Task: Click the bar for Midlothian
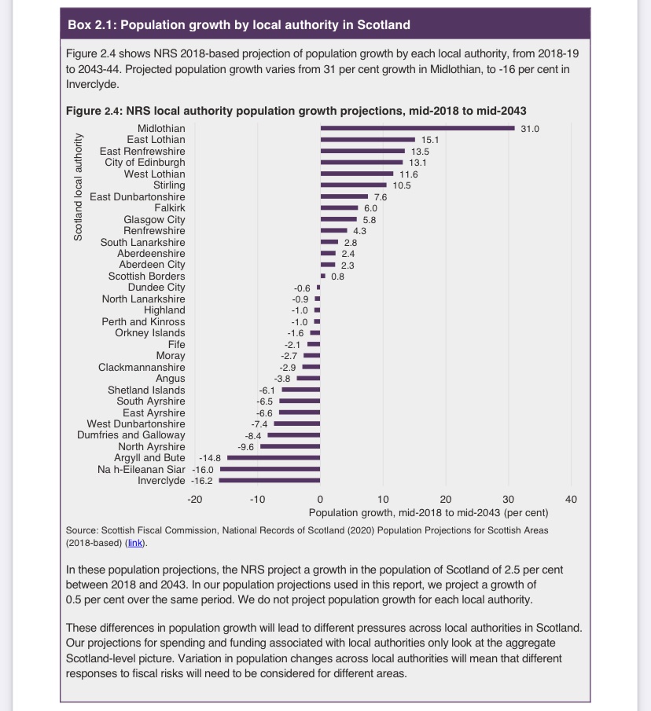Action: click(x=417, y=128)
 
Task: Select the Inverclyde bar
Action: click(x=270, y=480)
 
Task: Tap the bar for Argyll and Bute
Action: click(x=274, y=457)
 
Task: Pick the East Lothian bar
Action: click(x=367, y=139)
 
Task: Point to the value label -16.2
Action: click(x=204, y=480)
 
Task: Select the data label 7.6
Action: click(x=380, y=196)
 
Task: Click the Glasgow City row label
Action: click(x=154, y=219)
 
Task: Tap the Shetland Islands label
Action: click(x=146, y=390)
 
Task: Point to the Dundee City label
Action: click(x=156, y=288)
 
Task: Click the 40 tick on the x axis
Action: click(x=571, y=499)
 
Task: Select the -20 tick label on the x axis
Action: click(x=195, y=499)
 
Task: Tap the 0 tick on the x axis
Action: click(x=320, y=499)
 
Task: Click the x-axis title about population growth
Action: click(x=428, y=512)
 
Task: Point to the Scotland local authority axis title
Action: click(x=78, y=187)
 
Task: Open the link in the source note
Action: click(x=137, y=542)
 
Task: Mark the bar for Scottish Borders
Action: click(x=322, y=276)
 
